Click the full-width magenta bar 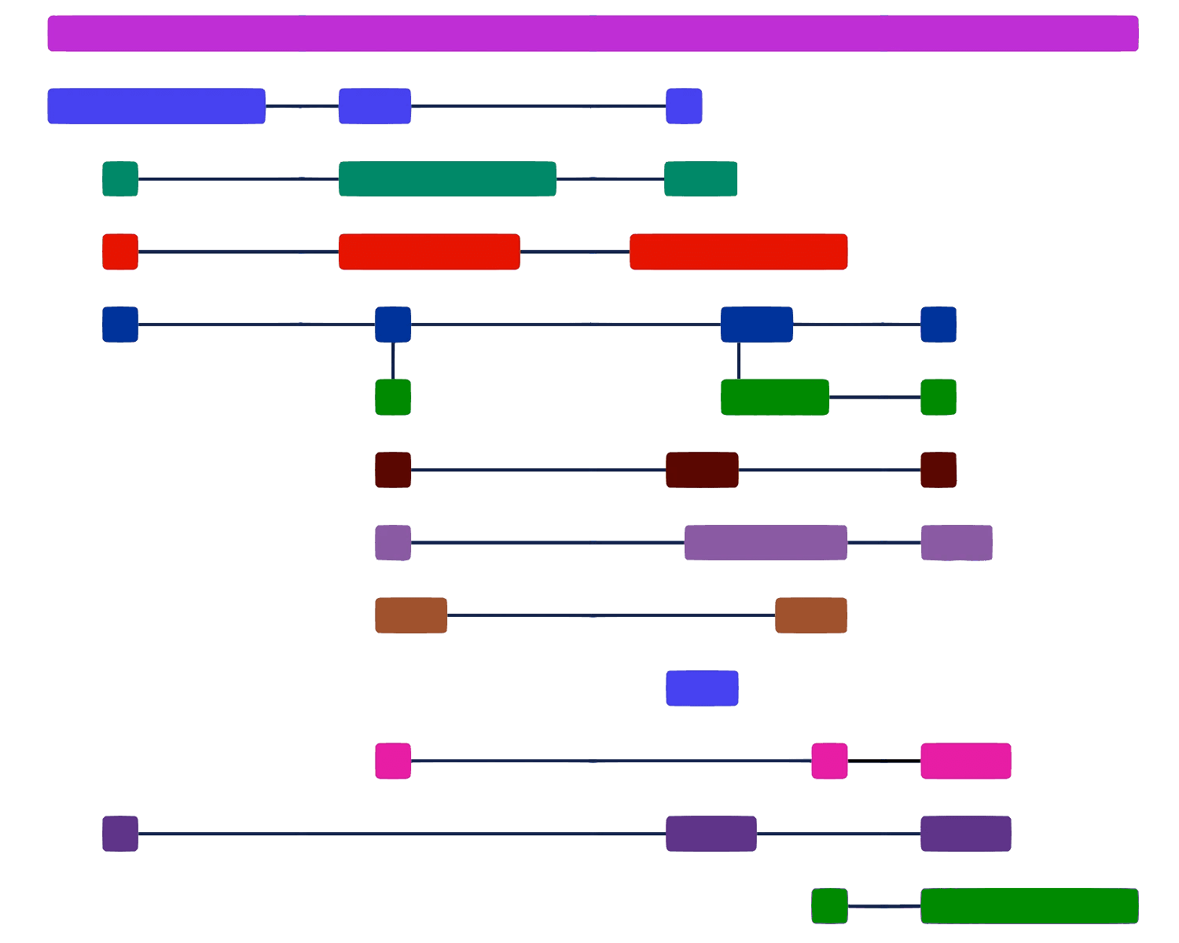point(593,33)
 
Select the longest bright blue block point(156,106)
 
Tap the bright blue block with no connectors point(702,688)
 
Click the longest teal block point(447,179)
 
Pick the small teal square point(120,179)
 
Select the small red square point(120,251)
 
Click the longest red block point(738,251)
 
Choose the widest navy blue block point(756,325)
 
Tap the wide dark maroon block point(702,470)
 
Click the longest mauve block point(766,543)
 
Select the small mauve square point(393,543)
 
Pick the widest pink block point(965,761)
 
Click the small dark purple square point(120,834)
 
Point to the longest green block point(1029,906)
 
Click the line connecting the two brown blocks point(611,615)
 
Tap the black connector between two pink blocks point(883,761)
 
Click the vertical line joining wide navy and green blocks point(739,361)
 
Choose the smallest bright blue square point(684,106)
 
